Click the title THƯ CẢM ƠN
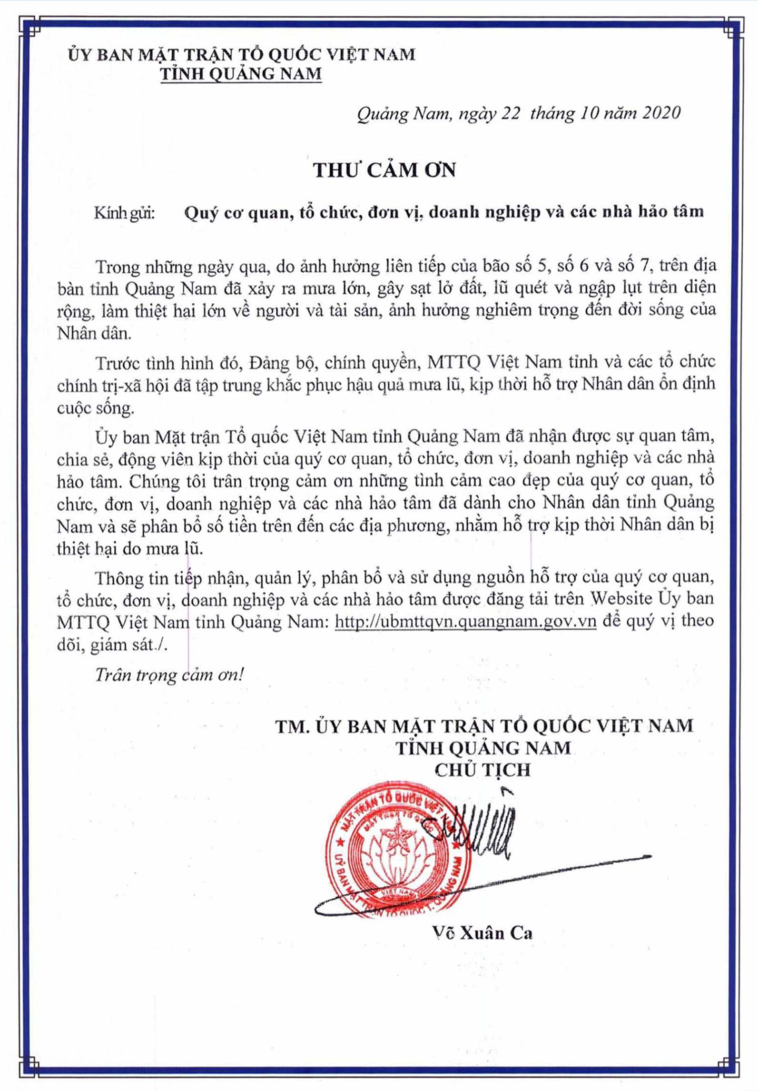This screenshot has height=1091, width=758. (384, 170)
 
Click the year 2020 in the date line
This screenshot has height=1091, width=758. (661, 113)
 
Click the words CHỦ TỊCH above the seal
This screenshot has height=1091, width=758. (482, 770)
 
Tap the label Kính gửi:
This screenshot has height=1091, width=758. (125, 213)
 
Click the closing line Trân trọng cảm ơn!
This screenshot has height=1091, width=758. (169, 675)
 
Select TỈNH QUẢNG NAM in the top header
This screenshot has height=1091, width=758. (241, 74)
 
